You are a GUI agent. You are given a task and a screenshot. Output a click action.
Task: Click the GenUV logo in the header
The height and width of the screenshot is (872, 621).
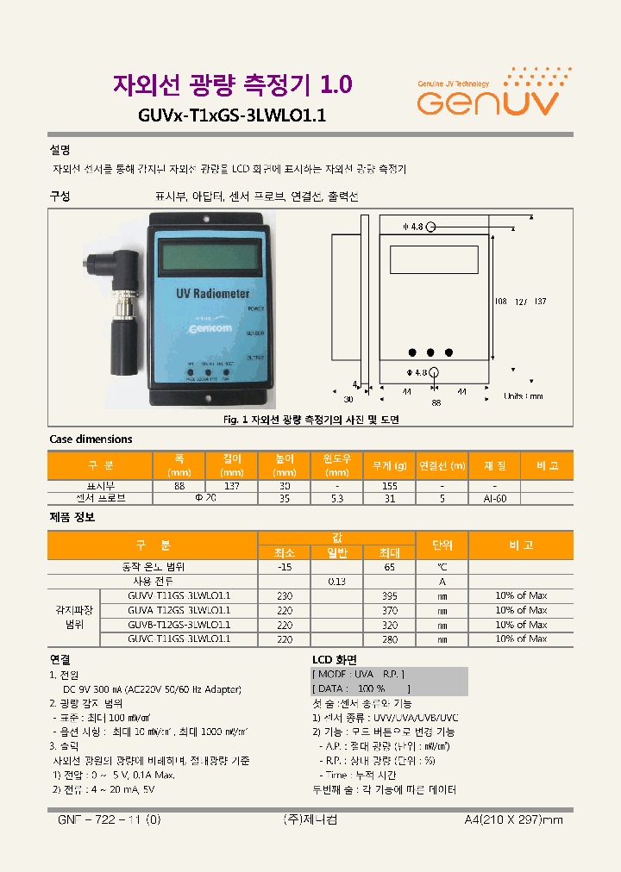coord(488,94)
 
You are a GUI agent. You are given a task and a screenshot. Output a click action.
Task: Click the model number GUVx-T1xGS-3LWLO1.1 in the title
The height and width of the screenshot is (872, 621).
coord(231,115)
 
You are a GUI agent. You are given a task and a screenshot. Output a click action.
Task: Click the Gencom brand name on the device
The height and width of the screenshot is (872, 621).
coord(204,328)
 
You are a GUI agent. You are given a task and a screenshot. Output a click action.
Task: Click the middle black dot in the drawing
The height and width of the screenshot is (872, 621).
coord(431,352)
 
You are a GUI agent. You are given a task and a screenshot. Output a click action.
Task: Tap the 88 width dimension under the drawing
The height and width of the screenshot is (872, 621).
coord(436,402)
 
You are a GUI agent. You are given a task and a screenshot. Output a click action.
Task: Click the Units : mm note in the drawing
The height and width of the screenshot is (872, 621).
coord(524,396)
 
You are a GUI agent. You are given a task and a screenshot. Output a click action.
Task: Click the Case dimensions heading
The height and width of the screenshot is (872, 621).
coord(91,439)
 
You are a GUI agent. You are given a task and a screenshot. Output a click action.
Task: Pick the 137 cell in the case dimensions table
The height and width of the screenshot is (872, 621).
coord(232,485)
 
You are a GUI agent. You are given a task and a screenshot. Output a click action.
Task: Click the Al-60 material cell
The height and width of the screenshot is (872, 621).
coord(494,498)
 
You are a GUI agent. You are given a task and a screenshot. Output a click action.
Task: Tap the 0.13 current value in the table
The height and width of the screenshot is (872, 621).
coord(336,582)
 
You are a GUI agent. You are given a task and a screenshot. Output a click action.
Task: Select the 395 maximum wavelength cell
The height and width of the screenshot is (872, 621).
coord(389,596)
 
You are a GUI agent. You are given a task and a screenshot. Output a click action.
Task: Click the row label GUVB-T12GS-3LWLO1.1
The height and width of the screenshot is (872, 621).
coord(179,625)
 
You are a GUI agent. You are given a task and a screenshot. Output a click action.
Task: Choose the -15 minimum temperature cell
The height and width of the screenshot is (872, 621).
coord(284,567)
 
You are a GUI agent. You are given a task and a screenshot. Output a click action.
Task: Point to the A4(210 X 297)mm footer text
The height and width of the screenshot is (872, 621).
coord(512,819)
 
